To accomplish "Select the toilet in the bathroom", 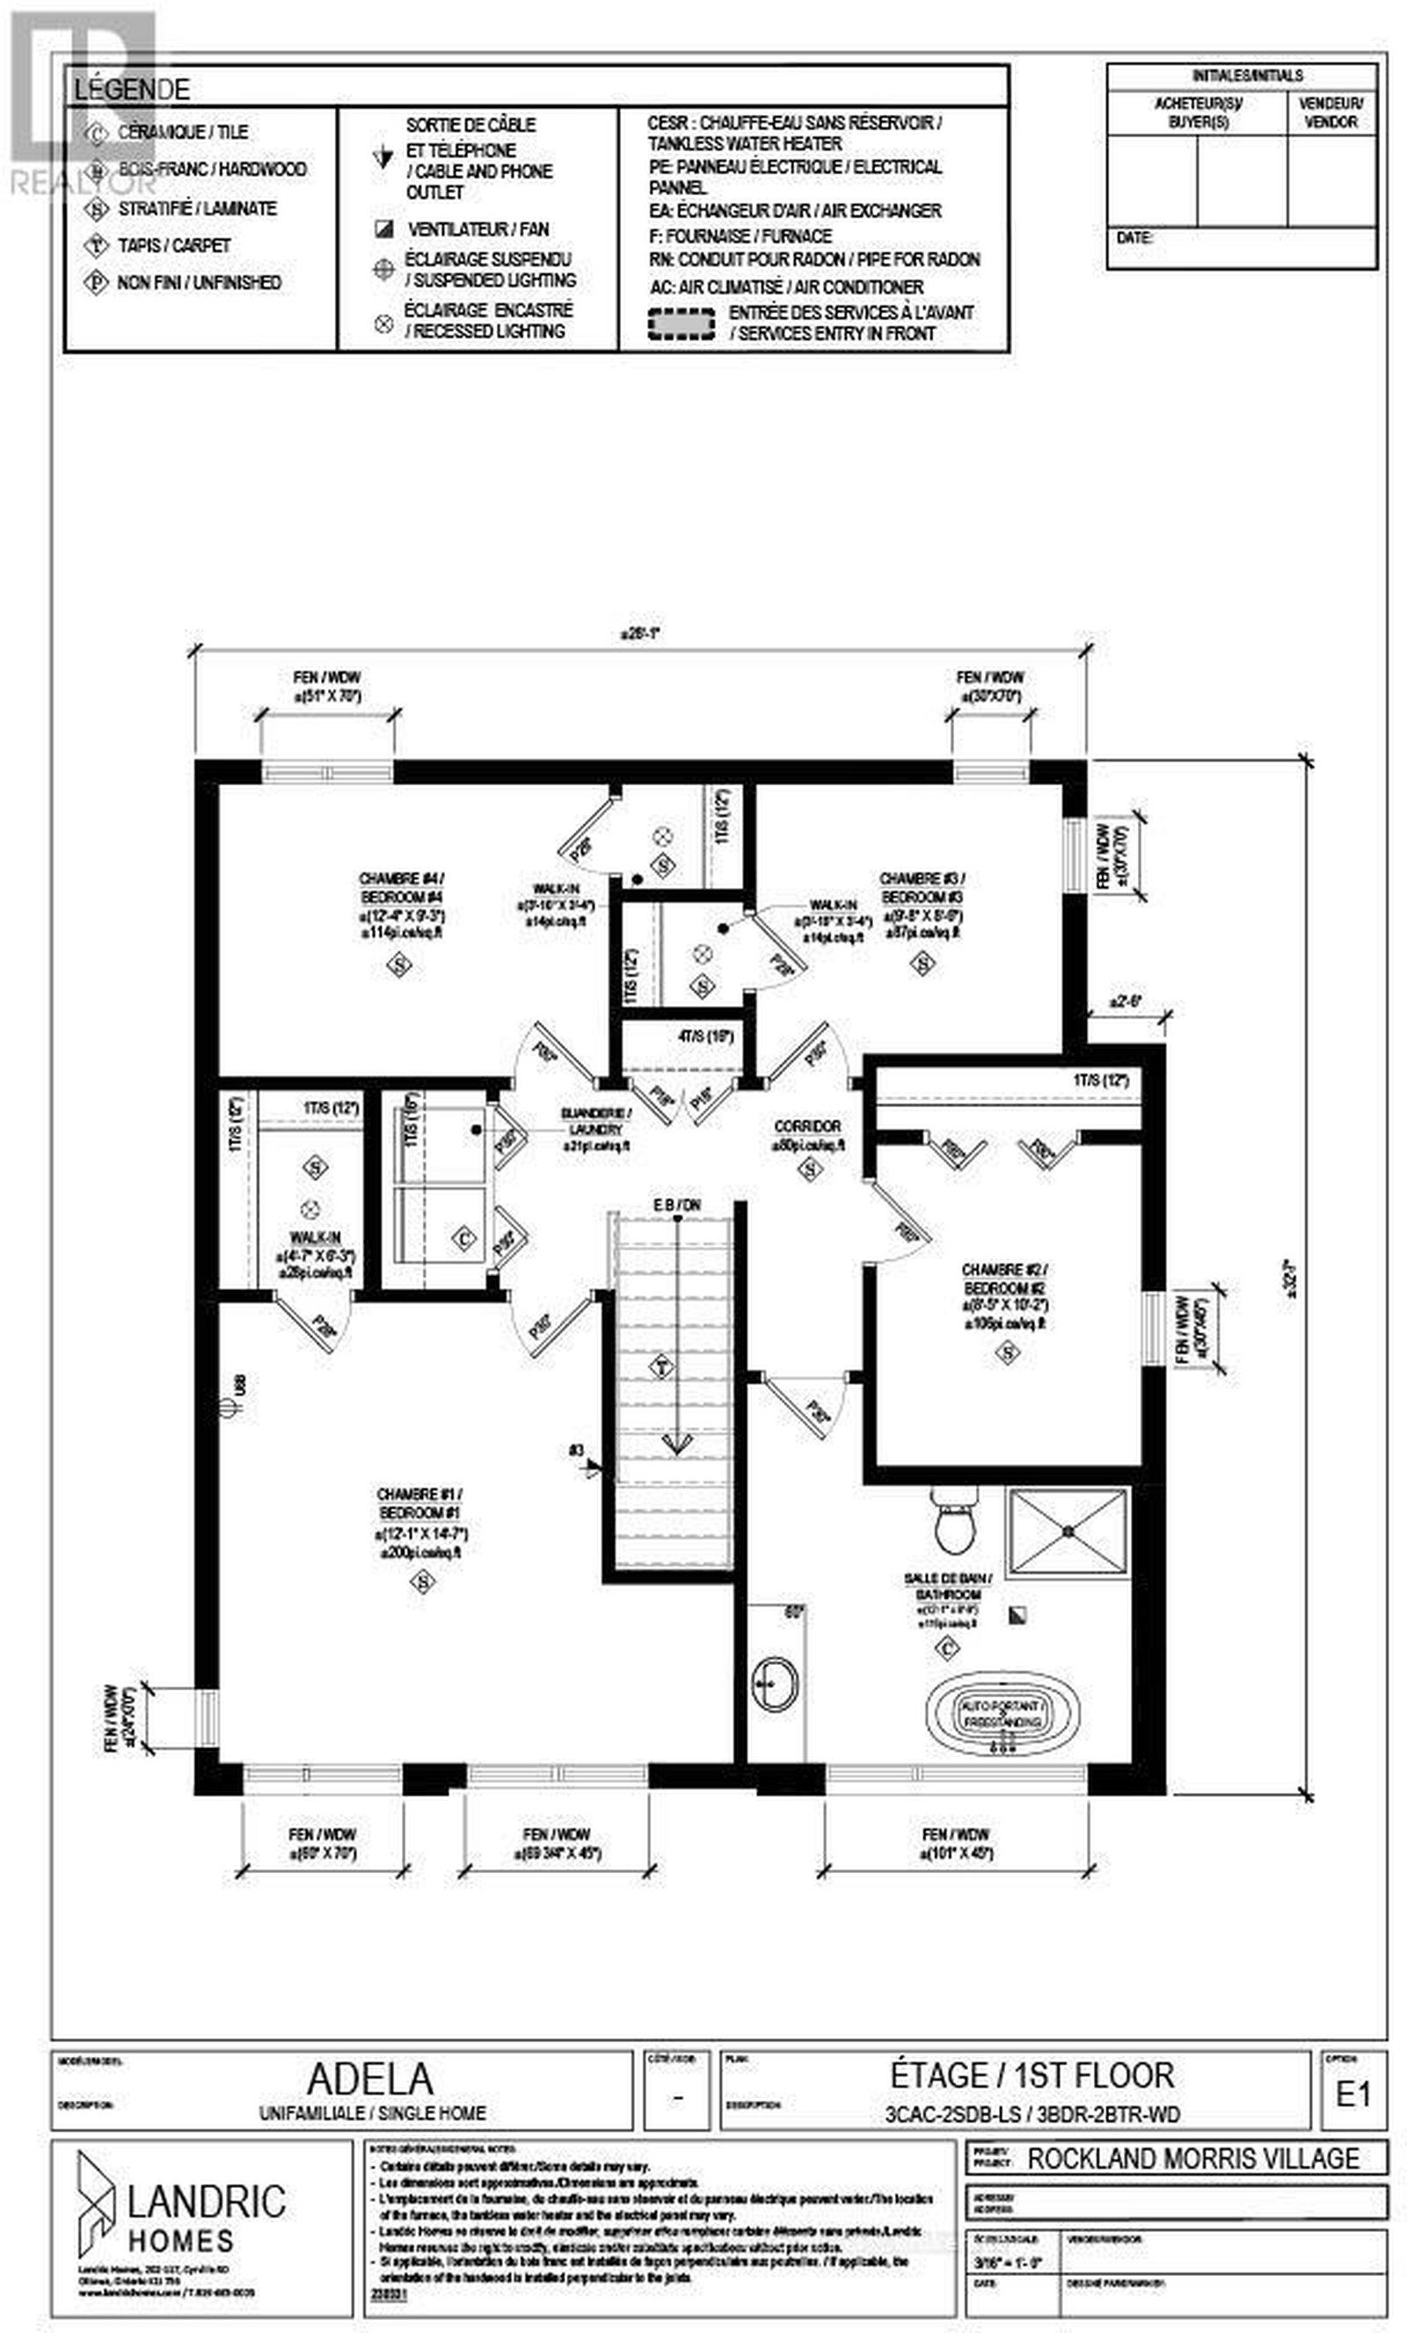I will [952, 1523].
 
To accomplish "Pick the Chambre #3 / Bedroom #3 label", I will [922, 887].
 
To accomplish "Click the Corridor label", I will [806, 1126].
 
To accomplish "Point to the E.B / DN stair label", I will [676, 1206].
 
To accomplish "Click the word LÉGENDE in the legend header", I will [133, 90].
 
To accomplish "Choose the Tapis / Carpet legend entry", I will [173, 245].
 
